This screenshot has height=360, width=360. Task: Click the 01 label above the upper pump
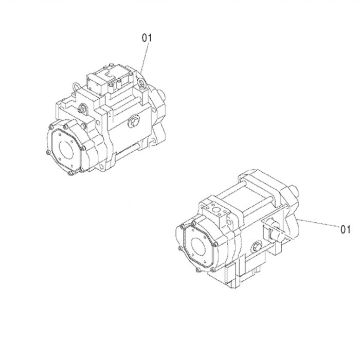point(148,37)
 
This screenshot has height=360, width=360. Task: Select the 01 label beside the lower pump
point(345,229)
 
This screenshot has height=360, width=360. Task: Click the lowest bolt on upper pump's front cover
point(70,175)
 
